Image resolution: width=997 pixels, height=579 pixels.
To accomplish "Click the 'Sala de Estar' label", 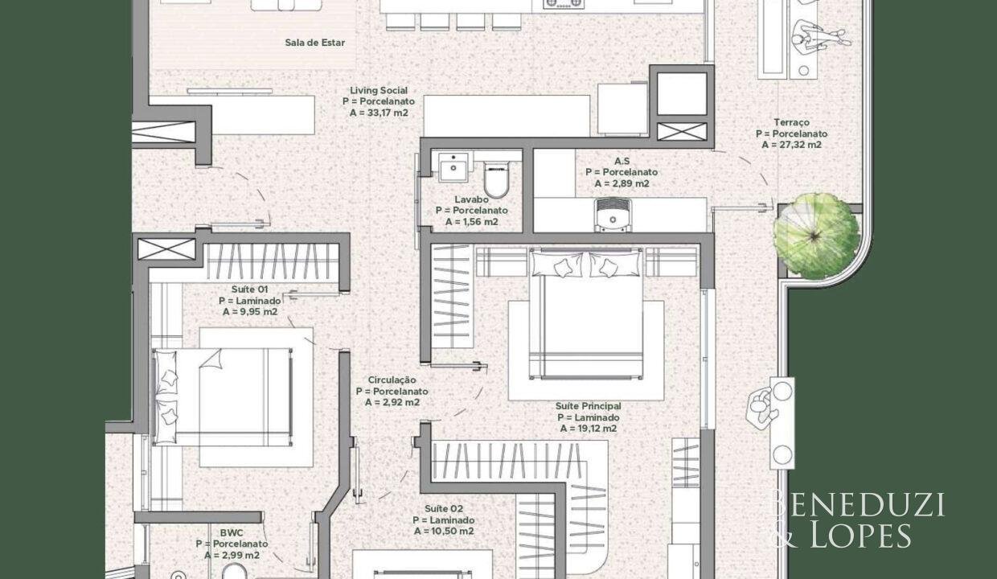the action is [314, 43].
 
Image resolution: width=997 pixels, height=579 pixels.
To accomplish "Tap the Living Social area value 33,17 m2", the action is [379, 113].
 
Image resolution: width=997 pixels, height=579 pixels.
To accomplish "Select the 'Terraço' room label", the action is [791, 122].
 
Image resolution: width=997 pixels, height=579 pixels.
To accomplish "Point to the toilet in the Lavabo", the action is [496, 179].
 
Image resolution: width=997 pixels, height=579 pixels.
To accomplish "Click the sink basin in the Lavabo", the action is [453, 167].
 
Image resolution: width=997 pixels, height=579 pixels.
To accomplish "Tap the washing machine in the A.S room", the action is [613, 216].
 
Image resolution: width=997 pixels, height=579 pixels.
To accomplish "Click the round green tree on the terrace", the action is [816, 236].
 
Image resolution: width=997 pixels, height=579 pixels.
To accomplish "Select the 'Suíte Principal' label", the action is [588, 406].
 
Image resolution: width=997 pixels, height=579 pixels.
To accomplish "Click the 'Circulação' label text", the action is [392, 380].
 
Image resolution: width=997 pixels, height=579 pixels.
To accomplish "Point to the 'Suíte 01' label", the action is [250, 289].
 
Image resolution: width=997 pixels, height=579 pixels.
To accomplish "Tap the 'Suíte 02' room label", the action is [444, 508].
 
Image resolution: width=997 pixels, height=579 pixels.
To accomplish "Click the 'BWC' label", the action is [232, 532].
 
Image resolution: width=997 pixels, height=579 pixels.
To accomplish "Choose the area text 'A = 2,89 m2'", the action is [622, 183].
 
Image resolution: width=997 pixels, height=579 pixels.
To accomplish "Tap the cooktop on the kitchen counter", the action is [564, 4].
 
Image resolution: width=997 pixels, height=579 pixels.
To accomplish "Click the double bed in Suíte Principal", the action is [587, 314].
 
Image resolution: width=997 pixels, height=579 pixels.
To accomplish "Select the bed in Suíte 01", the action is [223, 397].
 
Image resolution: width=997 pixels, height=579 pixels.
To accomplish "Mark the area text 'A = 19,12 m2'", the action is [589, 429].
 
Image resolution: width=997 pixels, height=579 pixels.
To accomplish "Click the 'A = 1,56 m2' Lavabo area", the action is [472, 222].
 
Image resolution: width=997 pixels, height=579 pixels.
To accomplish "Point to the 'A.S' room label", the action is [622, 161].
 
